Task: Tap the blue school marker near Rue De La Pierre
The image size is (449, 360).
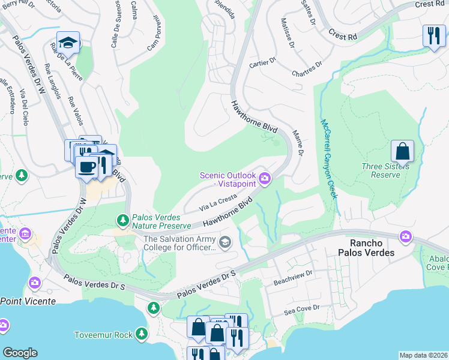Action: pyautogui.click(x=68, y=43)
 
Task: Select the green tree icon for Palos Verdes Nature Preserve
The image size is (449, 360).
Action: pyautogui.click(x=123, y=220)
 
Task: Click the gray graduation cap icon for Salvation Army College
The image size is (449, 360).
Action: pyautogui.click(x=225, y=242)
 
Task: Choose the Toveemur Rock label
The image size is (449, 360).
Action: pyautogui.click(x=103, y=334)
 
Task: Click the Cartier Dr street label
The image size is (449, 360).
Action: pyautogui.click(x=262, y=61)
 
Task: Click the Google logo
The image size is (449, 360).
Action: pyautogui.click(x=20, y=353)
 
